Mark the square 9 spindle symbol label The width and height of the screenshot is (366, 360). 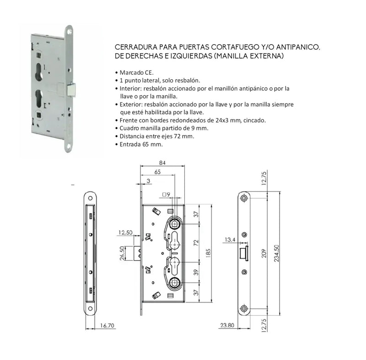tap(167, 195)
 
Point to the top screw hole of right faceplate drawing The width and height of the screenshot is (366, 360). tap(245, 198)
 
